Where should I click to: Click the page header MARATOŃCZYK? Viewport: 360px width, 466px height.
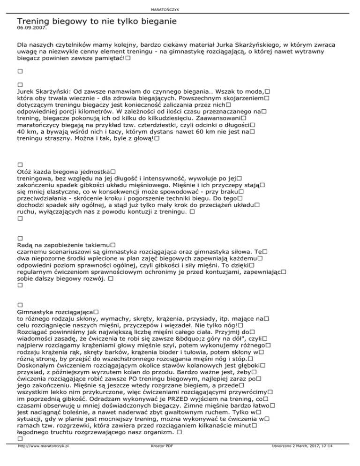coord(180,9)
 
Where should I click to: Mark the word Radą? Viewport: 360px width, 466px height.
coord(24,245)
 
